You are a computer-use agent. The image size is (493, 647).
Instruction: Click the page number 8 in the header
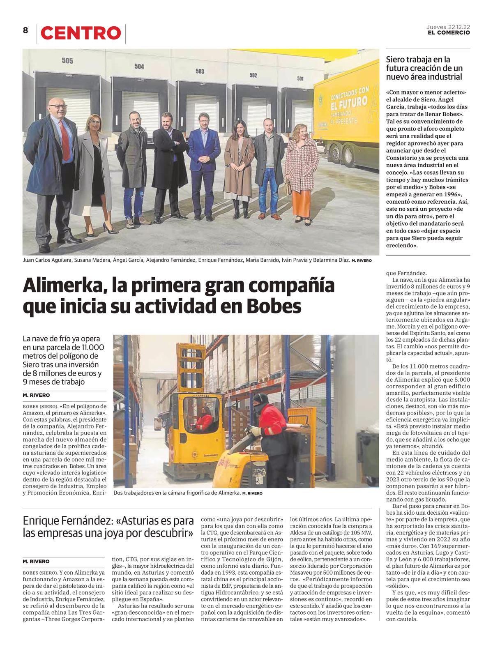[25, 30]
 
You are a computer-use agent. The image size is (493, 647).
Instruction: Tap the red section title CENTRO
[81, 33]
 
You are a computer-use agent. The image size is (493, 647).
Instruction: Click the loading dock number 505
[67, 61]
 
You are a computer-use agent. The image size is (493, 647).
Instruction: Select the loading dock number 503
[200, 71]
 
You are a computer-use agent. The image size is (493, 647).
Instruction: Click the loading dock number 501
[300, 78]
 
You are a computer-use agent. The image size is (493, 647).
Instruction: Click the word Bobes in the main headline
[274, 306]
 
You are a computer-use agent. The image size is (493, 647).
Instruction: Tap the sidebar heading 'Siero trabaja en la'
[418, 60]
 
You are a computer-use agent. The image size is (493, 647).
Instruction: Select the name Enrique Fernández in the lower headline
[67, 521]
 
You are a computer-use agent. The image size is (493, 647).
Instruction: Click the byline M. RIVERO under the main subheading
[36, 395]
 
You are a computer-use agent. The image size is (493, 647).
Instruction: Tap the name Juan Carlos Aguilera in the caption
[48, 260]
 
